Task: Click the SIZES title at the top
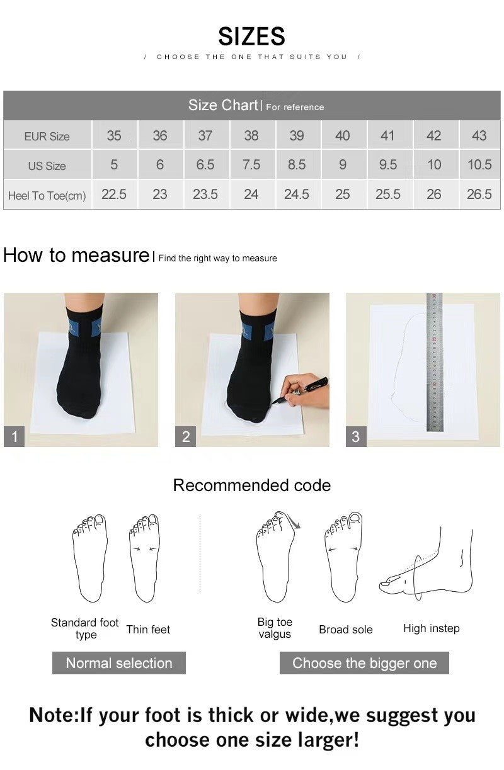[251, 37]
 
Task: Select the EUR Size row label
[47, 136]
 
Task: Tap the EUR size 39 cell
[297, 136]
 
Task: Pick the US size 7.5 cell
[251, 165]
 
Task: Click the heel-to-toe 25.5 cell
[387, 195]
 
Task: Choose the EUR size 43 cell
[479, 136]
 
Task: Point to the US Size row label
[47, 166]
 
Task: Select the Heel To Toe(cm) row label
[47, 196]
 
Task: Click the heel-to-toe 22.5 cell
[114, 195]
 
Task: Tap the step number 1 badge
[14, 436]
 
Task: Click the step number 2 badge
[186, 436]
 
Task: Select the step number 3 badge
[355, 436]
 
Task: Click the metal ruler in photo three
[434, 362]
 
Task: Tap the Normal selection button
[118, 663]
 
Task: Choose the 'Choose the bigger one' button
[364, 663]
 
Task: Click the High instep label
[431, 628]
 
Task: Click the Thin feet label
[148, 630]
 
